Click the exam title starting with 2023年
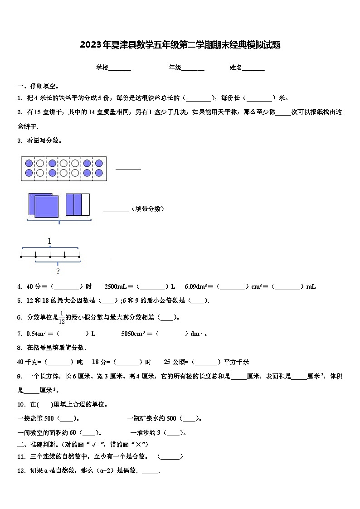coord(180,45)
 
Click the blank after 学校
coord(120,68)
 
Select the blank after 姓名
coord(253,68)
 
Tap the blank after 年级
coord(193,68)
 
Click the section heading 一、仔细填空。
coord(38,86)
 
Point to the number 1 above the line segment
coord(49,241)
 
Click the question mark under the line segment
coord(58,271)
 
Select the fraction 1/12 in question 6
coord(62,317)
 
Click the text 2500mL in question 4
coord(116,286)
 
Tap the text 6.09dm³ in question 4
coord(195,286)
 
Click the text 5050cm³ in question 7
coord(133,334)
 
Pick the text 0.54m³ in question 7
coord(36,334)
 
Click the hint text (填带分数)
coord(148,209)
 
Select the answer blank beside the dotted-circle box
coord(128,169)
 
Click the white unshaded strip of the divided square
coord(86,204)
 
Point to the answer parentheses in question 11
coord(170,456)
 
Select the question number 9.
coord(19,376)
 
